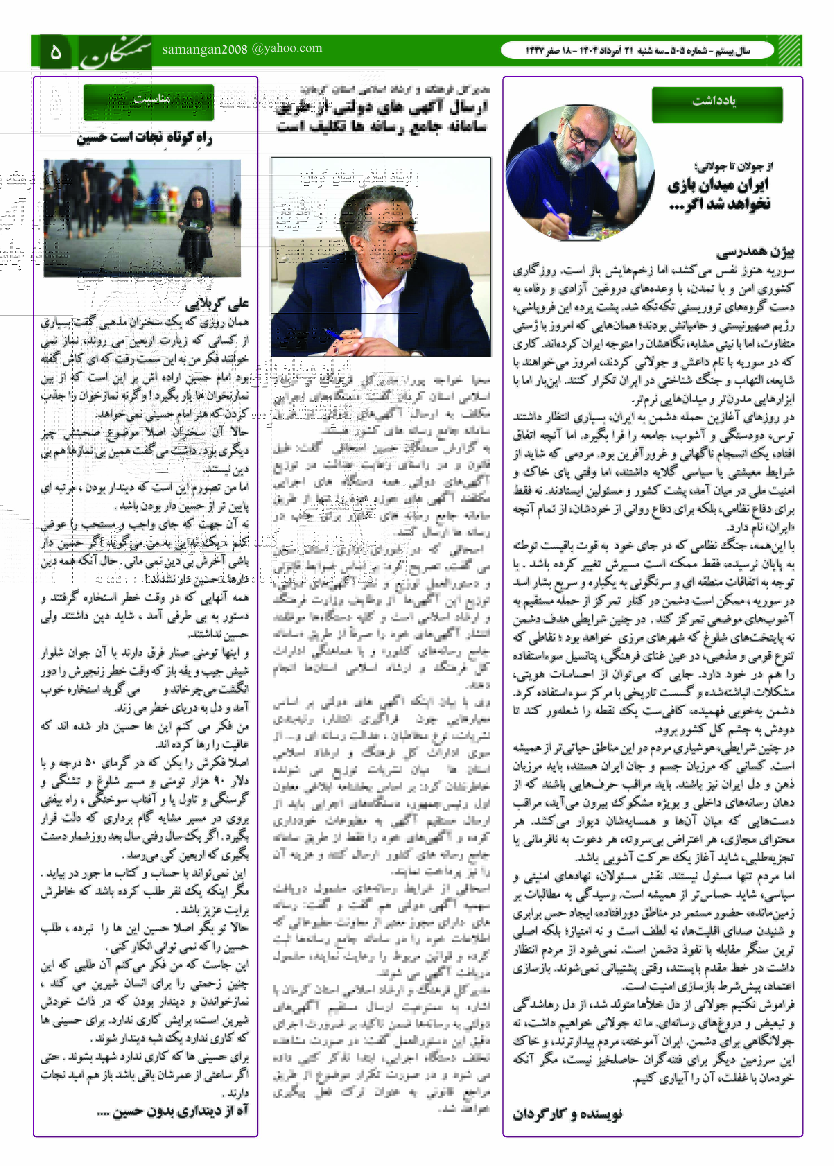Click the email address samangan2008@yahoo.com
click(242, 49)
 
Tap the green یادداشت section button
click(717, 104)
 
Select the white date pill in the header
click(637, 51)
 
